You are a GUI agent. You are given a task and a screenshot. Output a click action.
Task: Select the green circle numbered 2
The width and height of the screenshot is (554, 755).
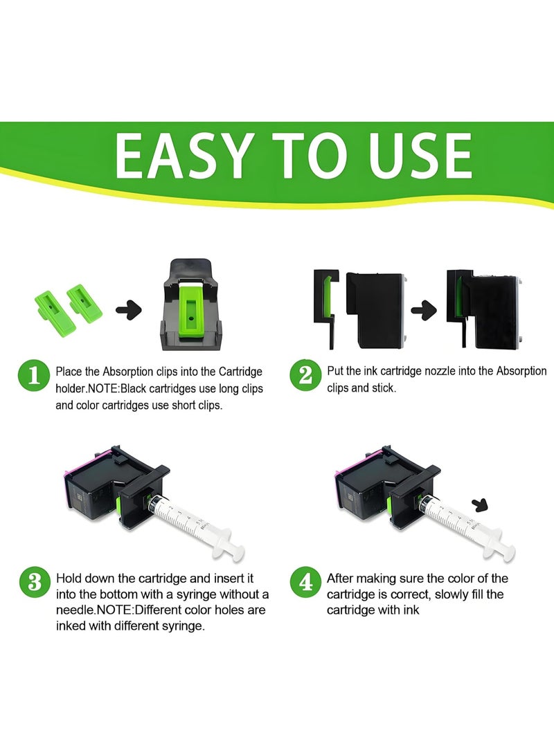[x=305, y=376]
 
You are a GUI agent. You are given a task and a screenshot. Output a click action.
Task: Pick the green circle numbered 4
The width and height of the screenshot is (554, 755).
[x=305, y=581]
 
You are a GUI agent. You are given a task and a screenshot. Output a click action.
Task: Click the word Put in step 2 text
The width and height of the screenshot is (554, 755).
[x=336, y=372]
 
